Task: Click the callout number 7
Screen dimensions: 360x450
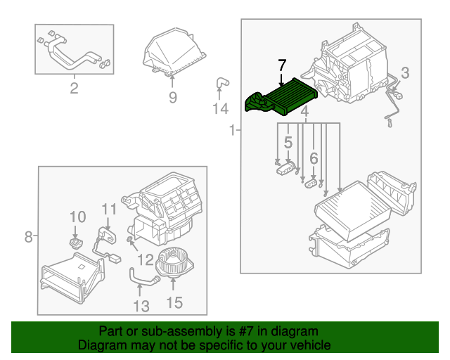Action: coord(282,65)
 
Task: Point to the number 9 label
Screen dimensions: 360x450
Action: coord(173,98)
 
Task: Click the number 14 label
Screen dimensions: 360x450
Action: coord(221,109)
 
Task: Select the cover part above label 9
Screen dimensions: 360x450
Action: coord(174,53)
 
